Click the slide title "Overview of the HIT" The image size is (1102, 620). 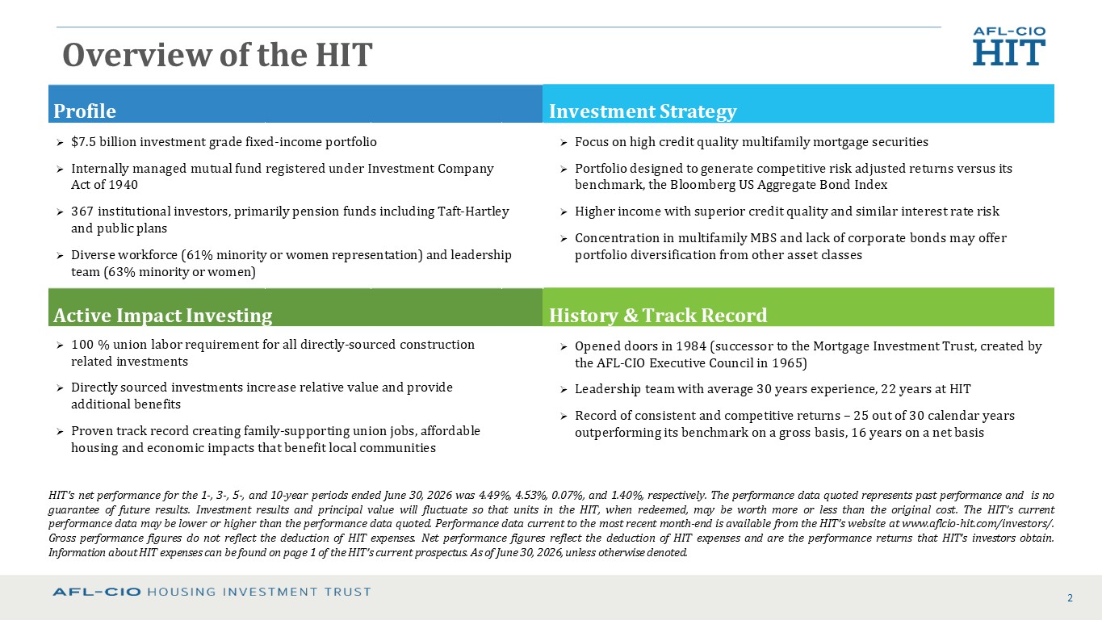coord(217,55)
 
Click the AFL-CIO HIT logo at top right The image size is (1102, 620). coord(1009,46)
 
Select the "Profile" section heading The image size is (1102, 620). coord(85,111)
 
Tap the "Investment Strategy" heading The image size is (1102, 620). coord(643,111)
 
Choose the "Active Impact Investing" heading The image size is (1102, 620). coord(163,316)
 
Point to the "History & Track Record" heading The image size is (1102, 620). coord(658,316)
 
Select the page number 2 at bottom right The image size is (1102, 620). coord(1070,598)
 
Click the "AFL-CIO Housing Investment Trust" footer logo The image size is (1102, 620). coord(212,592)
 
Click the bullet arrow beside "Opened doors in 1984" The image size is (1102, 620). coord(564,347)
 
